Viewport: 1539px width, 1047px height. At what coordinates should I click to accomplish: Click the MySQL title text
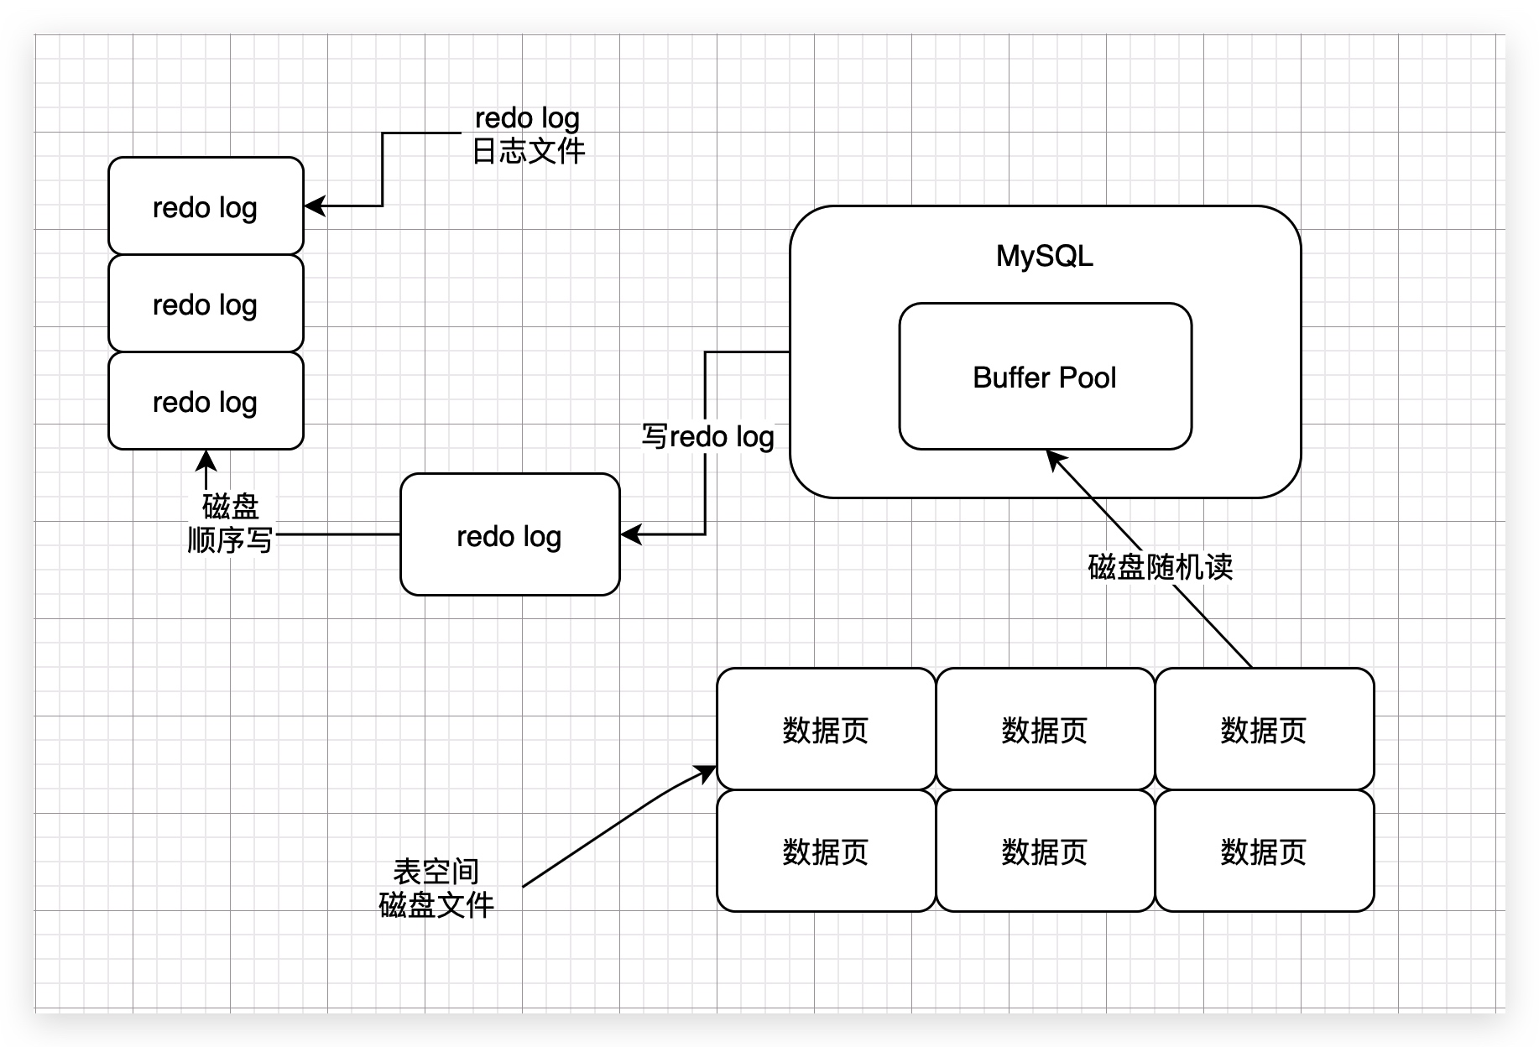coord(1045,256)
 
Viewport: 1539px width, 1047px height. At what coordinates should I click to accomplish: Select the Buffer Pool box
coord(1046,377)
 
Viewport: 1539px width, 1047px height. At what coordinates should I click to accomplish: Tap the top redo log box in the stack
coord(206,206)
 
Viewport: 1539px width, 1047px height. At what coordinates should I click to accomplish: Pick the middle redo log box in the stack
coord(206,303)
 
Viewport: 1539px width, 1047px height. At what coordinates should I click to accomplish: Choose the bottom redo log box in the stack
coord(206,400)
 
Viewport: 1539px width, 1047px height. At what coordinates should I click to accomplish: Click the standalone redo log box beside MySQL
coord(510,534)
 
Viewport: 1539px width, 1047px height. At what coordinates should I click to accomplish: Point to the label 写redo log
coord(707,436)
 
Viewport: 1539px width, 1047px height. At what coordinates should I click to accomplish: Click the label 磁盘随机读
coord(1161,567)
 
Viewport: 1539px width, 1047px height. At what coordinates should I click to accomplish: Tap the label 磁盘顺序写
coord(230,523)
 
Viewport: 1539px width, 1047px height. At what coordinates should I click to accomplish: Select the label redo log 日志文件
coord(528,134)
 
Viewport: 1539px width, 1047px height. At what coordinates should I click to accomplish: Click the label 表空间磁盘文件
coord(436,888)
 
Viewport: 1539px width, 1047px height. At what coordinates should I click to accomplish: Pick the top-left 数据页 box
coord(827,729)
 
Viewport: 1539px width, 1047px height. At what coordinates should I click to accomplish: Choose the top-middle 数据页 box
coord(1046,729)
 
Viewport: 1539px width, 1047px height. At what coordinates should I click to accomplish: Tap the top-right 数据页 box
coord(1265,729)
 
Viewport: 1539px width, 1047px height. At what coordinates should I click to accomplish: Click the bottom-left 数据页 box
coord(827,851)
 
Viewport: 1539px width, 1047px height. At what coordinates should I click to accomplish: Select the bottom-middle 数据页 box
coord(1046,851)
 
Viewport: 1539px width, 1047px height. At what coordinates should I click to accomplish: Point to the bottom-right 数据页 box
coord(1265,851)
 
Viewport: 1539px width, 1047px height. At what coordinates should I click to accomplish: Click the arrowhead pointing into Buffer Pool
coord(1055,460)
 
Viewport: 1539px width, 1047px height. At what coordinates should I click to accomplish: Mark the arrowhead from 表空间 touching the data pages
coord(706,774)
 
